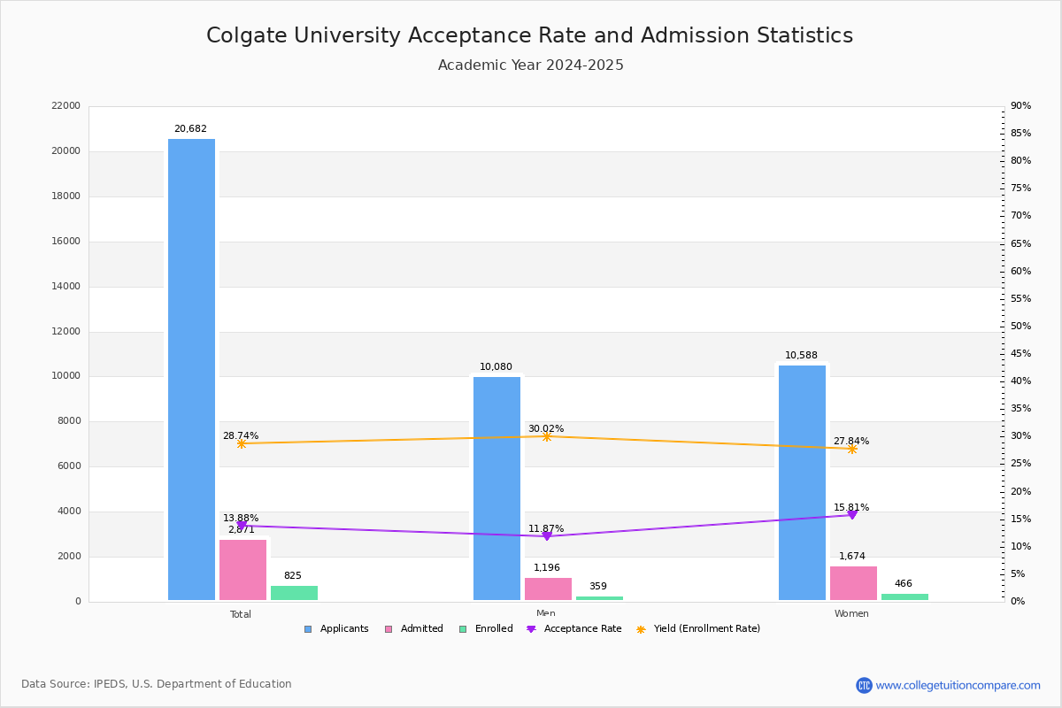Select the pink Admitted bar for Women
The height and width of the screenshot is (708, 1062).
click(x=853, y=583)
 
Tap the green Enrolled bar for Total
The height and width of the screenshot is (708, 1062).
click(x=294, y=593)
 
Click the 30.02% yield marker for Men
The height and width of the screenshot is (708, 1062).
click(x=546, y=436)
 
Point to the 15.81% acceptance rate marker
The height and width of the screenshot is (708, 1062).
click(x=852, y=514)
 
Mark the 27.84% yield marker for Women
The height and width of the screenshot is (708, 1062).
click(x=852, y=449)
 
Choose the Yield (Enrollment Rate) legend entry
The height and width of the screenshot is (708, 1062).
click(x=706, y=629)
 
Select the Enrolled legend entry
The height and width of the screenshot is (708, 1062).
click(x=491, y=629)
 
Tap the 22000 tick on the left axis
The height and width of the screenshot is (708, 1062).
click(x=65, y=106)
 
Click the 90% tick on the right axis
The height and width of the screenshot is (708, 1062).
click(x=1020, y=106)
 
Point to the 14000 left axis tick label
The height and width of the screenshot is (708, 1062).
click(x=65, y=287)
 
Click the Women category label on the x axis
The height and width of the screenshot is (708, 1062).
click(x=851, y=614)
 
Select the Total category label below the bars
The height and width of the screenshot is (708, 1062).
click(x=241, y=614)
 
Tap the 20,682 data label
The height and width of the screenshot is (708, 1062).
click(x=190, y=129)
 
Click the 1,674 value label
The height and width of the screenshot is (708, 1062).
click(x=852, y=557)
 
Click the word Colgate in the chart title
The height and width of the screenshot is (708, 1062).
click(x=243, y=36)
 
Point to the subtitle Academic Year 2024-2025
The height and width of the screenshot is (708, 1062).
click(x=531, y=65)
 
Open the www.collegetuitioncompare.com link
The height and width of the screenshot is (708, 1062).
click(x=958, y=685)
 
